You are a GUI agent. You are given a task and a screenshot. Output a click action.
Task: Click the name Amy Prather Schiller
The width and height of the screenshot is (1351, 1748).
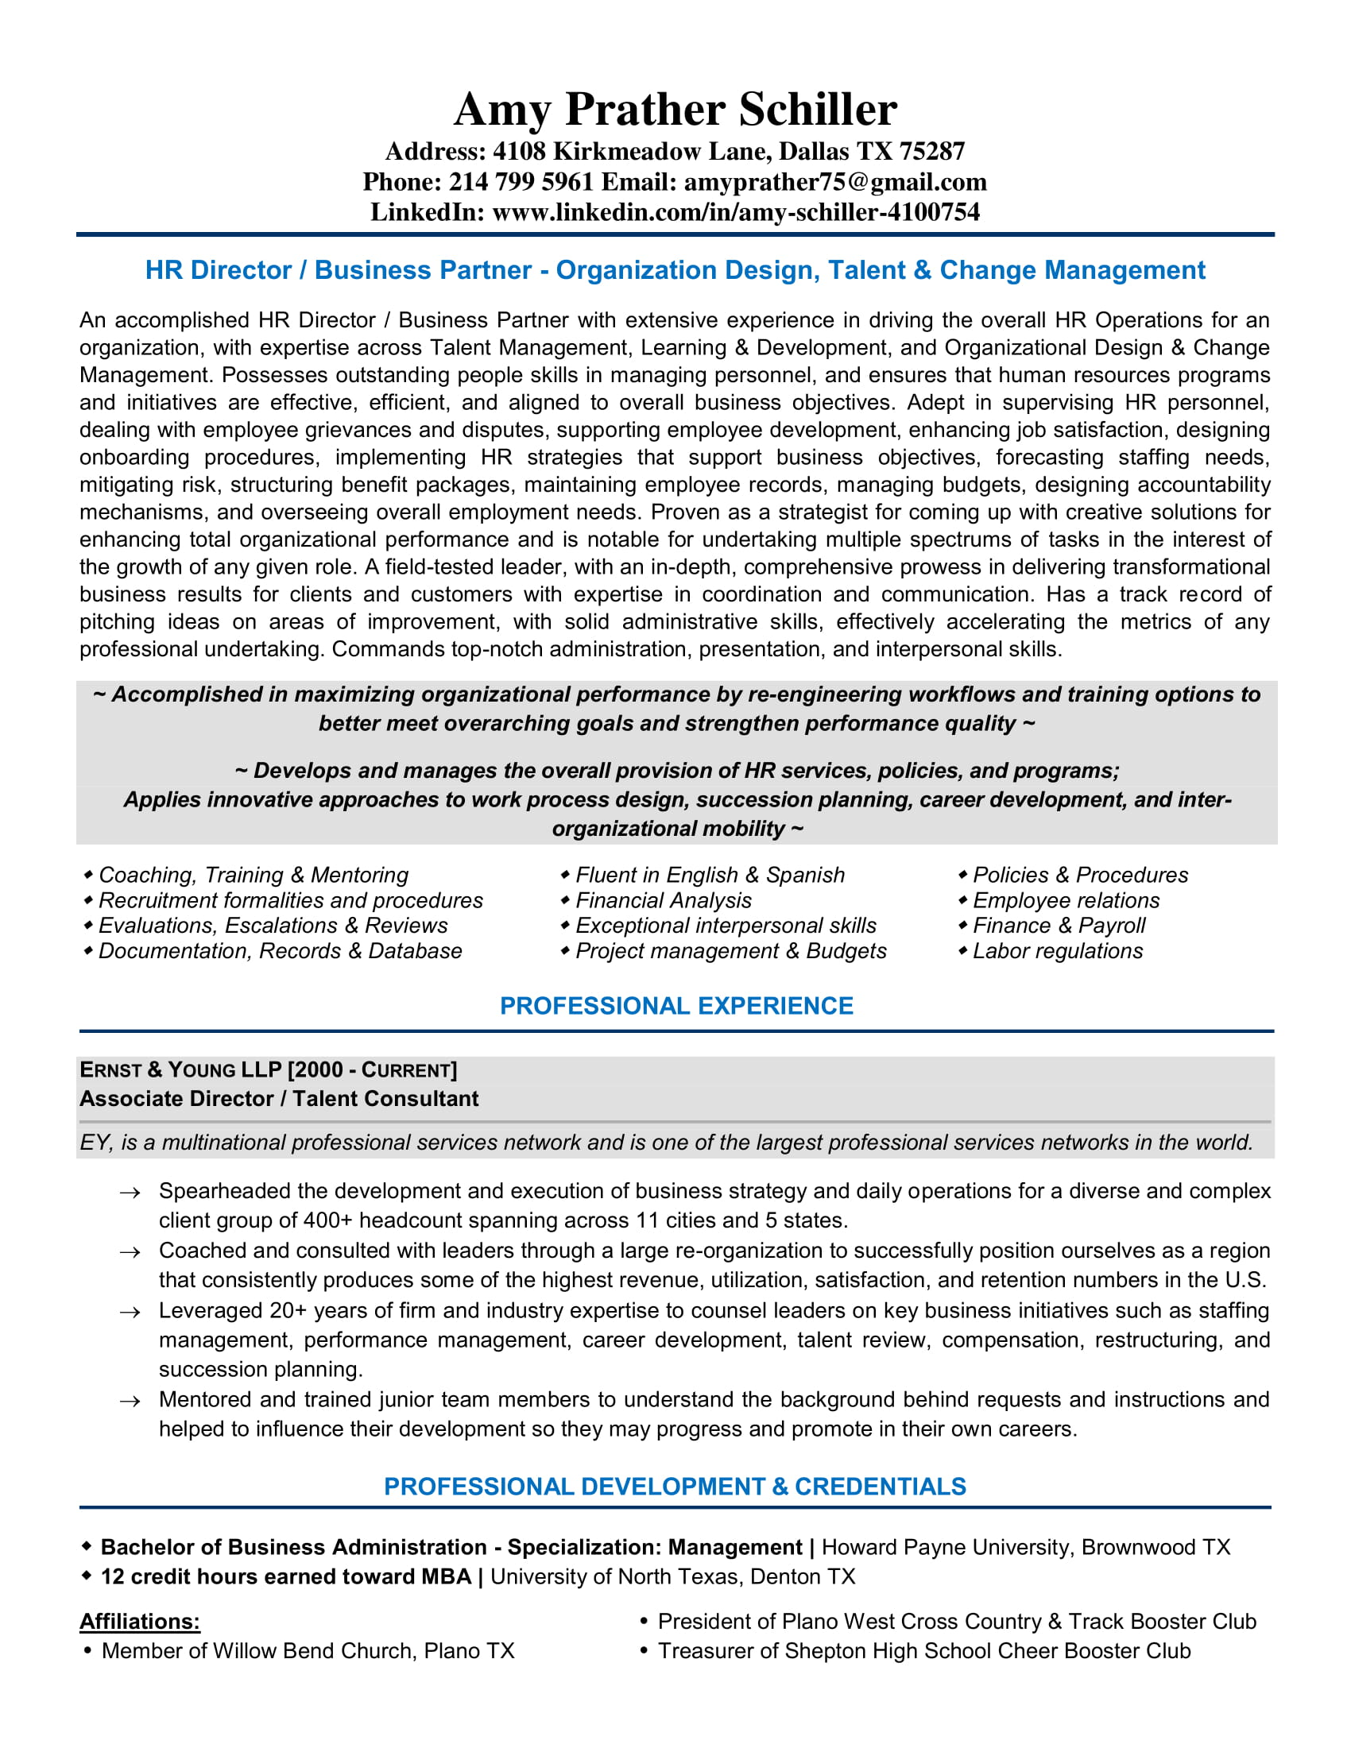click(x=675, y=109)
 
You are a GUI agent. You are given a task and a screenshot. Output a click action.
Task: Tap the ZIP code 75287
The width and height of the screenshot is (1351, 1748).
click(x=931, y=151)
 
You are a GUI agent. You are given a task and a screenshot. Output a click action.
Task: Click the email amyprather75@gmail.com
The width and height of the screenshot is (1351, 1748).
click(x=834, y=183)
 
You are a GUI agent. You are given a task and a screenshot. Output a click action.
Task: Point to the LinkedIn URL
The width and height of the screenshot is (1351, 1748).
click(x=736, y=212)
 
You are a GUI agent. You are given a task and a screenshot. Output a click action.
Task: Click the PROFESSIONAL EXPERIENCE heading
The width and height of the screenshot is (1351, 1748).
click(x=676, y=1006)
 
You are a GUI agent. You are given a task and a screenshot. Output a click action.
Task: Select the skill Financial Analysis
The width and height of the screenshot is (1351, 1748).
click(x=664, y=900)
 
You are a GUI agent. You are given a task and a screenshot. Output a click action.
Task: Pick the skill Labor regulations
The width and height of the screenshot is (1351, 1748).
click(x=1057, y=951)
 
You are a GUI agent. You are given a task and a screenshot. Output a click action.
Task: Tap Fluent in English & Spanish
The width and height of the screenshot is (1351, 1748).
click(x=710, y=875)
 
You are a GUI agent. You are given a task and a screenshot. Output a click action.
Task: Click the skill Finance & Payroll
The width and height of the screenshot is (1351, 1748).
click(x=1059, y=925)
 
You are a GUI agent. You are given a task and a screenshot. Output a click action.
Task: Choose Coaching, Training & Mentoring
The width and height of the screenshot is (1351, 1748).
click(x=253, y=875)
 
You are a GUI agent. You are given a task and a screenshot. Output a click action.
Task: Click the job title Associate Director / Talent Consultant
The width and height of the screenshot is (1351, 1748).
click(x=278, y=1099)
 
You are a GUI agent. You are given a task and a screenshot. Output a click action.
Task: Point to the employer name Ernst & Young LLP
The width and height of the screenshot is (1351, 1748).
click(x=181, y=1070)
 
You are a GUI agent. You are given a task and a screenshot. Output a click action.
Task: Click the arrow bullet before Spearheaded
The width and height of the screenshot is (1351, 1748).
click(x=130, y=1193)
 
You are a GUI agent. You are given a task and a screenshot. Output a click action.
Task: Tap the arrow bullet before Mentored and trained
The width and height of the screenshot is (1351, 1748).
click(x=130, y=1402)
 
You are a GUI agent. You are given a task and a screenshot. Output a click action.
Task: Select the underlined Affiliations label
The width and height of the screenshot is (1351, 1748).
click(x=139, y=1622)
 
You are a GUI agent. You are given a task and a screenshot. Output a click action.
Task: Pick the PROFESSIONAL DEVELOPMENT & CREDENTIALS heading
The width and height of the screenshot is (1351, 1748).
click(x=675, y=1487)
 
